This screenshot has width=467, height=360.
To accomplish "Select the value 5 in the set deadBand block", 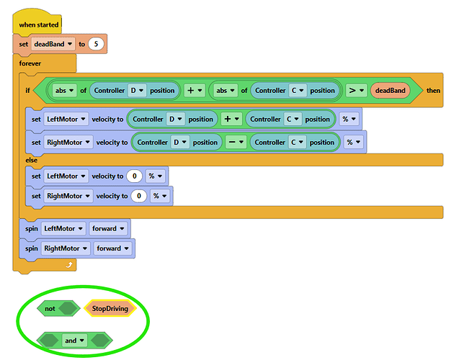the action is [x=96, y=44].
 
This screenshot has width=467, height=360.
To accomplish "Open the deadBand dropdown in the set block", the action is [x=53, y=44].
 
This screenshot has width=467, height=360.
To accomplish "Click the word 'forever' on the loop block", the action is [x=30, y=63].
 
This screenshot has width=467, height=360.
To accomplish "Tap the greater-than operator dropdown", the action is [x=356, y=90].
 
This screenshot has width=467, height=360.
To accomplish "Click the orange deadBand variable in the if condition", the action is [x=390, y=91].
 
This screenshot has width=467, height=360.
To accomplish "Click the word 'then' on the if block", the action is [x=433, y=91].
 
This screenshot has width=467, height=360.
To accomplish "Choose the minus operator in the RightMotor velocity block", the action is [x=236, y=143].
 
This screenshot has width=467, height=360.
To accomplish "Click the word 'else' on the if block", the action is [x=31, y=161].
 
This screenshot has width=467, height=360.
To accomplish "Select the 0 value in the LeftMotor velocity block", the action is [x=134, y=176].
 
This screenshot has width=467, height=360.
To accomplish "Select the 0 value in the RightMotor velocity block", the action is [x=139, y=196].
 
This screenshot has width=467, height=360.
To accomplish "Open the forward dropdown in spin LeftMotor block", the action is [x=108, y=228].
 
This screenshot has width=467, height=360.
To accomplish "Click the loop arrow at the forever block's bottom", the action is [x=69, y=264].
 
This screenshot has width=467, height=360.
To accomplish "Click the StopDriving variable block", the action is [x=110, y=309].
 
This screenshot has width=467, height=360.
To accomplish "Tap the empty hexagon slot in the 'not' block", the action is [x=68, y=309].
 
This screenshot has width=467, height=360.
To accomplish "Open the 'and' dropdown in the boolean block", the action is [x=74, y=341].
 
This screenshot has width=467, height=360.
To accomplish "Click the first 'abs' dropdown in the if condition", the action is [x=64, y=90].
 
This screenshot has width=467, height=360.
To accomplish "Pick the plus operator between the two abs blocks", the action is [x=195, y=90].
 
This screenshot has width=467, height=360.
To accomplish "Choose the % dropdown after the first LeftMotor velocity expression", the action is [x=349, y=119].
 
